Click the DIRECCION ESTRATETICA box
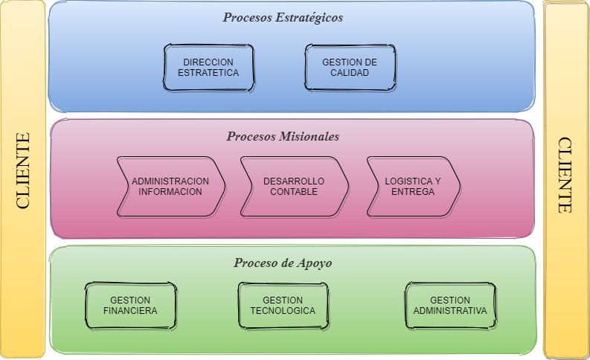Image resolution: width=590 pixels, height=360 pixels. pos(208,68)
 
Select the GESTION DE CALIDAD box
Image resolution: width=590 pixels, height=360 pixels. pos(350,68)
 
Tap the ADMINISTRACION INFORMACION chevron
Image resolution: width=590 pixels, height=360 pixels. pos(170,186)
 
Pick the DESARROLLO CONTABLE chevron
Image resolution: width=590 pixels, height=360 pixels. pos(294,186)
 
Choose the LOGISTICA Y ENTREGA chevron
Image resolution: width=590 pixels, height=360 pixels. pos(412,186)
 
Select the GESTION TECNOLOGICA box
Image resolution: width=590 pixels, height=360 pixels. pos(283,305)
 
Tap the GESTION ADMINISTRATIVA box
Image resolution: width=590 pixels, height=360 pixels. pos(450,305)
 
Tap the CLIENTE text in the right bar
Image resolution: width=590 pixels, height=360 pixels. pos(565,176)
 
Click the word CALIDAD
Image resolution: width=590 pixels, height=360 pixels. pos(350,73)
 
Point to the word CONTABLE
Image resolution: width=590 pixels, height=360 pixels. pos(294,191)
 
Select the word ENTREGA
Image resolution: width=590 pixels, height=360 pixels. pos(412,191)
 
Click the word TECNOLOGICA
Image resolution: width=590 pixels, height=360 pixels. pos(283,310)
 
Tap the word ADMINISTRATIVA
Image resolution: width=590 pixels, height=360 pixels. pos(450,310)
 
